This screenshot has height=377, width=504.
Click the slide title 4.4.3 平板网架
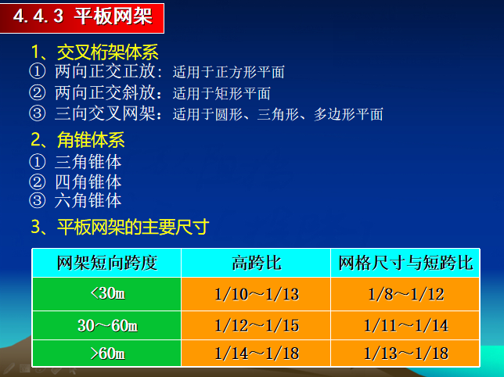coord(81,17)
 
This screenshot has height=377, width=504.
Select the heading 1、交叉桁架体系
coord(95,52)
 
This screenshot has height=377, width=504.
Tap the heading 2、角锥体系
coord(77,142)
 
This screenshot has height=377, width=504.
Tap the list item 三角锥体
coord(88,163)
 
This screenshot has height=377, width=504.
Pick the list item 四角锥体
coord(88,182)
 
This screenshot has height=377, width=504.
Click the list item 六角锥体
coord(88,201)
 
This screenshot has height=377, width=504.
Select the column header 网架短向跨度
coord(107,263)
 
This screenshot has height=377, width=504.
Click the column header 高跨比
coord(256,263)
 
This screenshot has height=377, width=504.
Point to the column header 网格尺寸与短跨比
coord(405,263)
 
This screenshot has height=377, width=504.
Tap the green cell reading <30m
coord(107,294)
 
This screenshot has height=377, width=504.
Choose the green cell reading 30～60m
coord(107,325)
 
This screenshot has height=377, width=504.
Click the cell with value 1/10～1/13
coord(256,295)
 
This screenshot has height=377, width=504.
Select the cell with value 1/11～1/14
coord(405,325)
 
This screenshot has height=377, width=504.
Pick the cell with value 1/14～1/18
coord(256,354)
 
